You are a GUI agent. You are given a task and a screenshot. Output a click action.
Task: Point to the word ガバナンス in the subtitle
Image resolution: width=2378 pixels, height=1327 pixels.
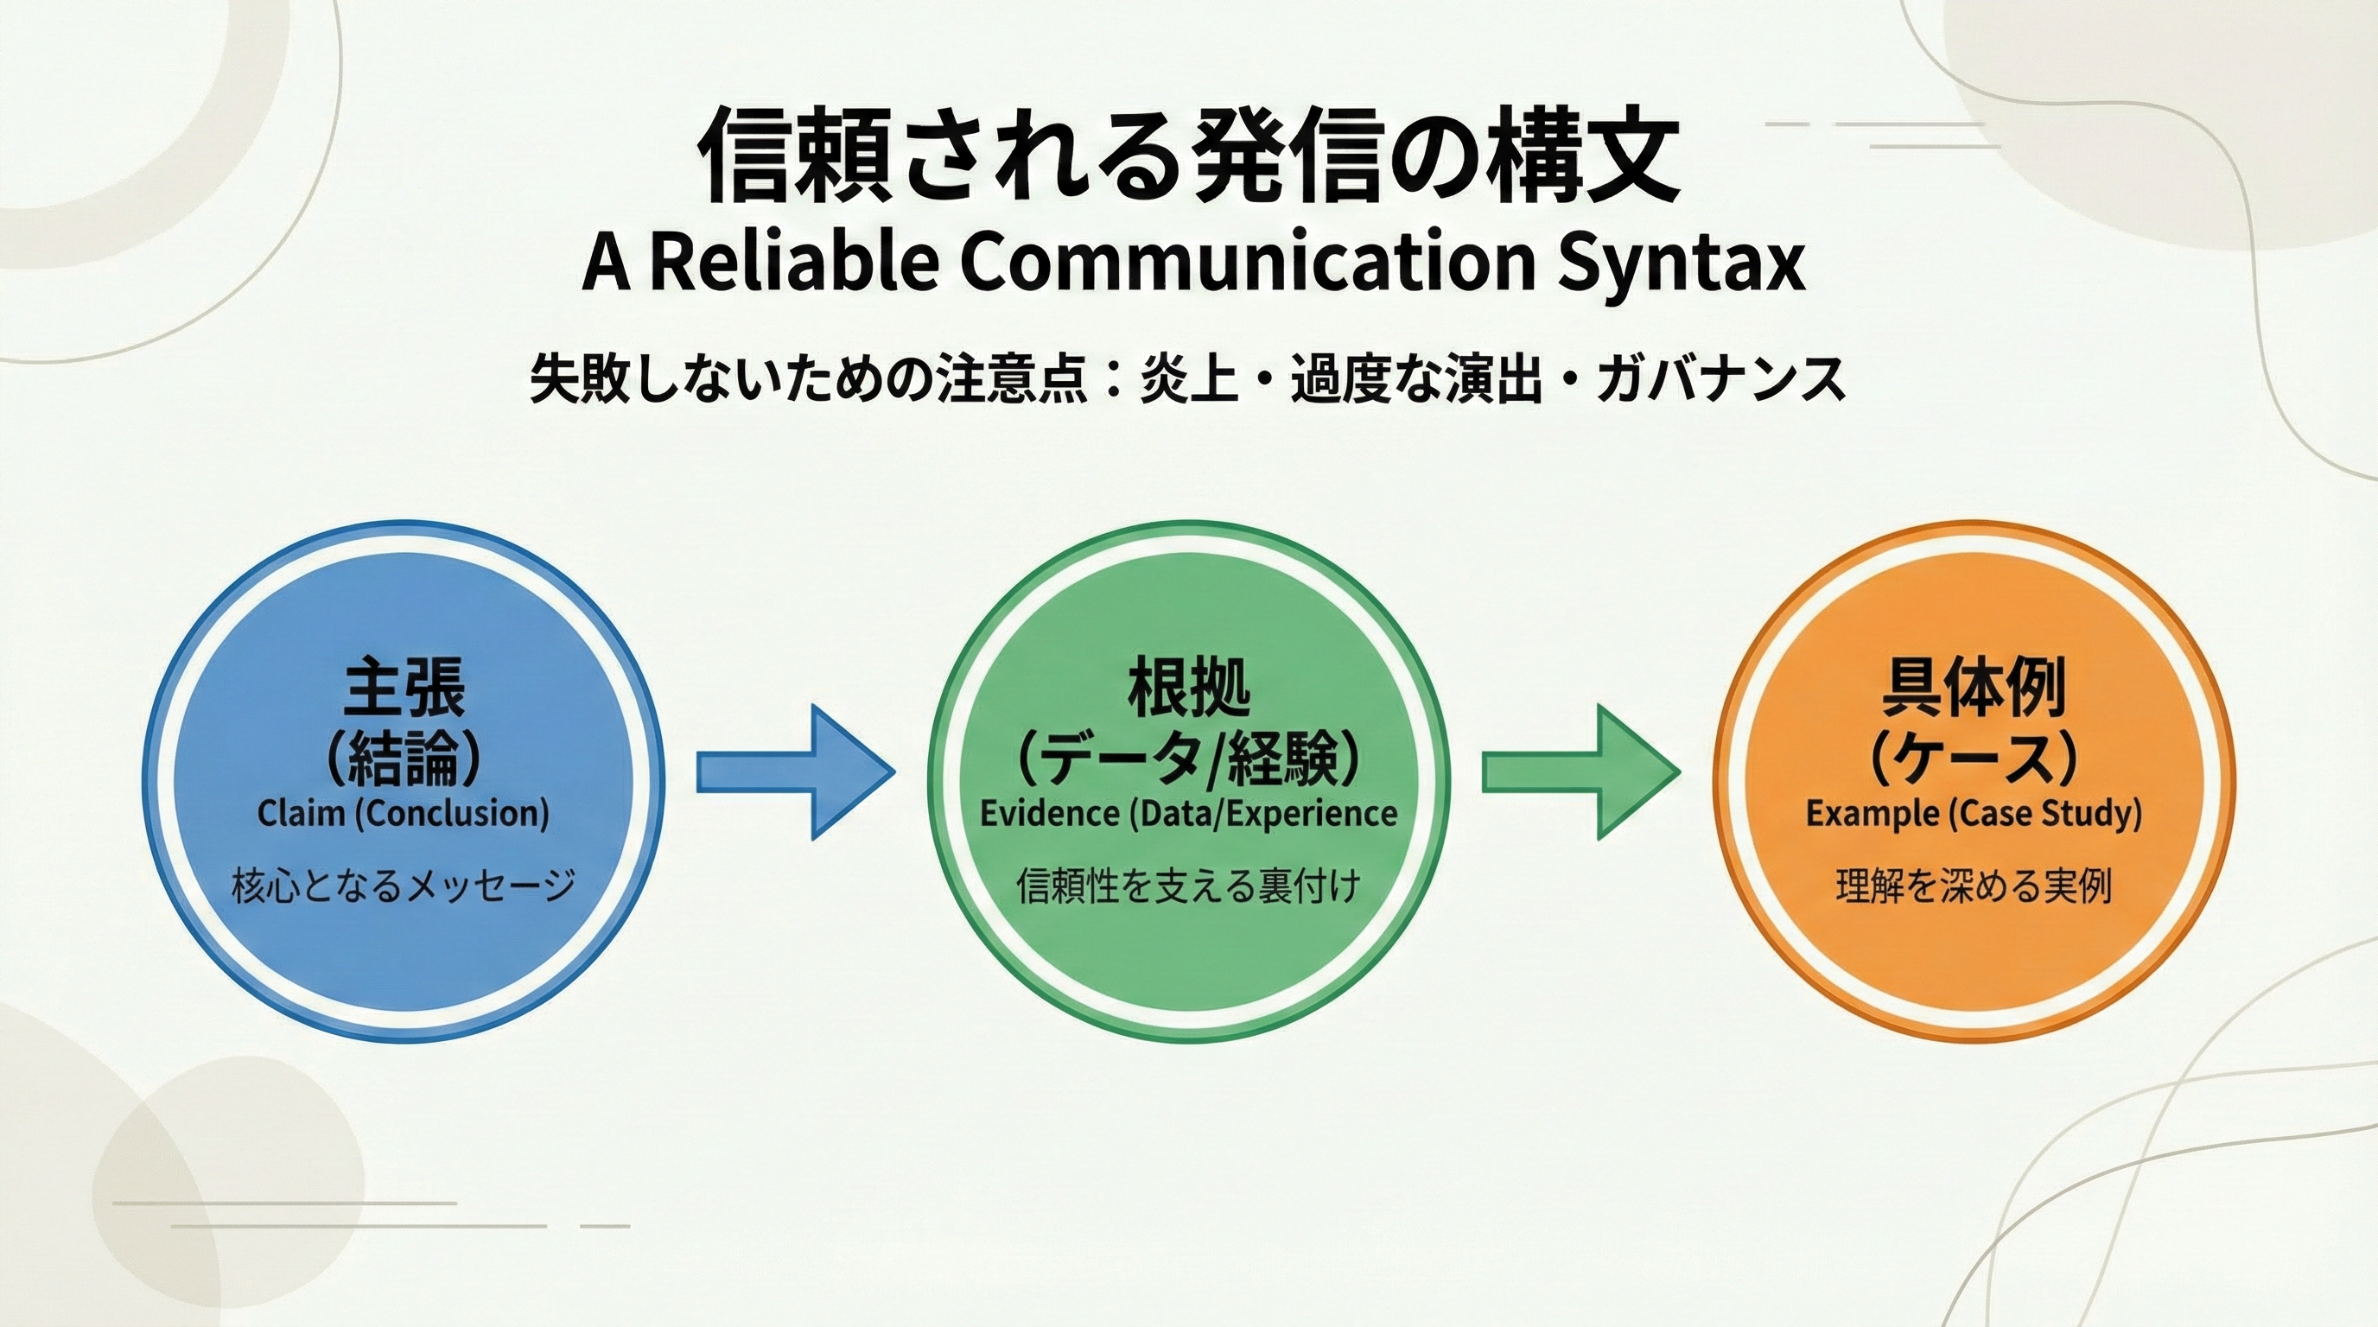1720,379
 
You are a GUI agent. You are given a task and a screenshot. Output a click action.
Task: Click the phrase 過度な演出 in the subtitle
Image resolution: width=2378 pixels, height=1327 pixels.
1416,379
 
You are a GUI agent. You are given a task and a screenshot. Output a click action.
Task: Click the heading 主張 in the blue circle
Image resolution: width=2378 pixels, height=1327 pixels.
404,688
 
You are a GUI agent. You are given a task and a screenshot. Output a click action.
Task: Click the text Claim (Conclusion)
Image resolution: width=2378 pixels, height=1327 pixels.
404,814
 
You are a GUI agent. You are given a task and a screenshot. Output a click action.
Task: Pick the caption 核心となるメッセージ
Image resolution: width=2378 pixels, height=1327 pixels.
404,886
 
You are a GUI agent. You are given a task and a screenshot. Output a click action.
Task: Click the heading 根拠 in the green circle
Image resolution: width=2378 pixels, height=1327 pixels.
1189,688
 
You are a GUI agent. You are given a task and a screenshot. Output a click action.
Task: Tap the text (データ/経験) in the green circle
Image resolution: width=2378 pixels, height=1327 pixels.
1189,761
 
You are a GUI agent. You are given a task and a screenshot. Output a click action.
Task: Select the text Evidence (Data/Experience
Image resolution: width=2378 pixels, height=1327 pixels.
1189,814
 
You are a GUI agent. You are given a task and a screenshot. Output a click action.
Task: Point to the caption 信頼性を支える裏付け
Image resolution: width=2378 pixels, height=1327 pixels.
1189,886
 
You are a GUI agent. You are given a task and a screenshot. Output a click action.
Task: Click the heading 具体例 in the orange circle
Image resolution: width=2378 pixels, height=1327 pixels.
1974,688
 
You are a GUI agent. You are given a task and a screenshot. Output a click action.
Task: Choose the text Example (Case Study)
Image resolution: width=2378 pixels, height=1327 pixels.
1974,814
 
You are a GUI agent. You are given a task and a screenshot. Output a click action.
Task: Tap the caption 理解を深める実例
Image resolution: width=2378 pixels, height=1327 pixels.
1974,886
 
